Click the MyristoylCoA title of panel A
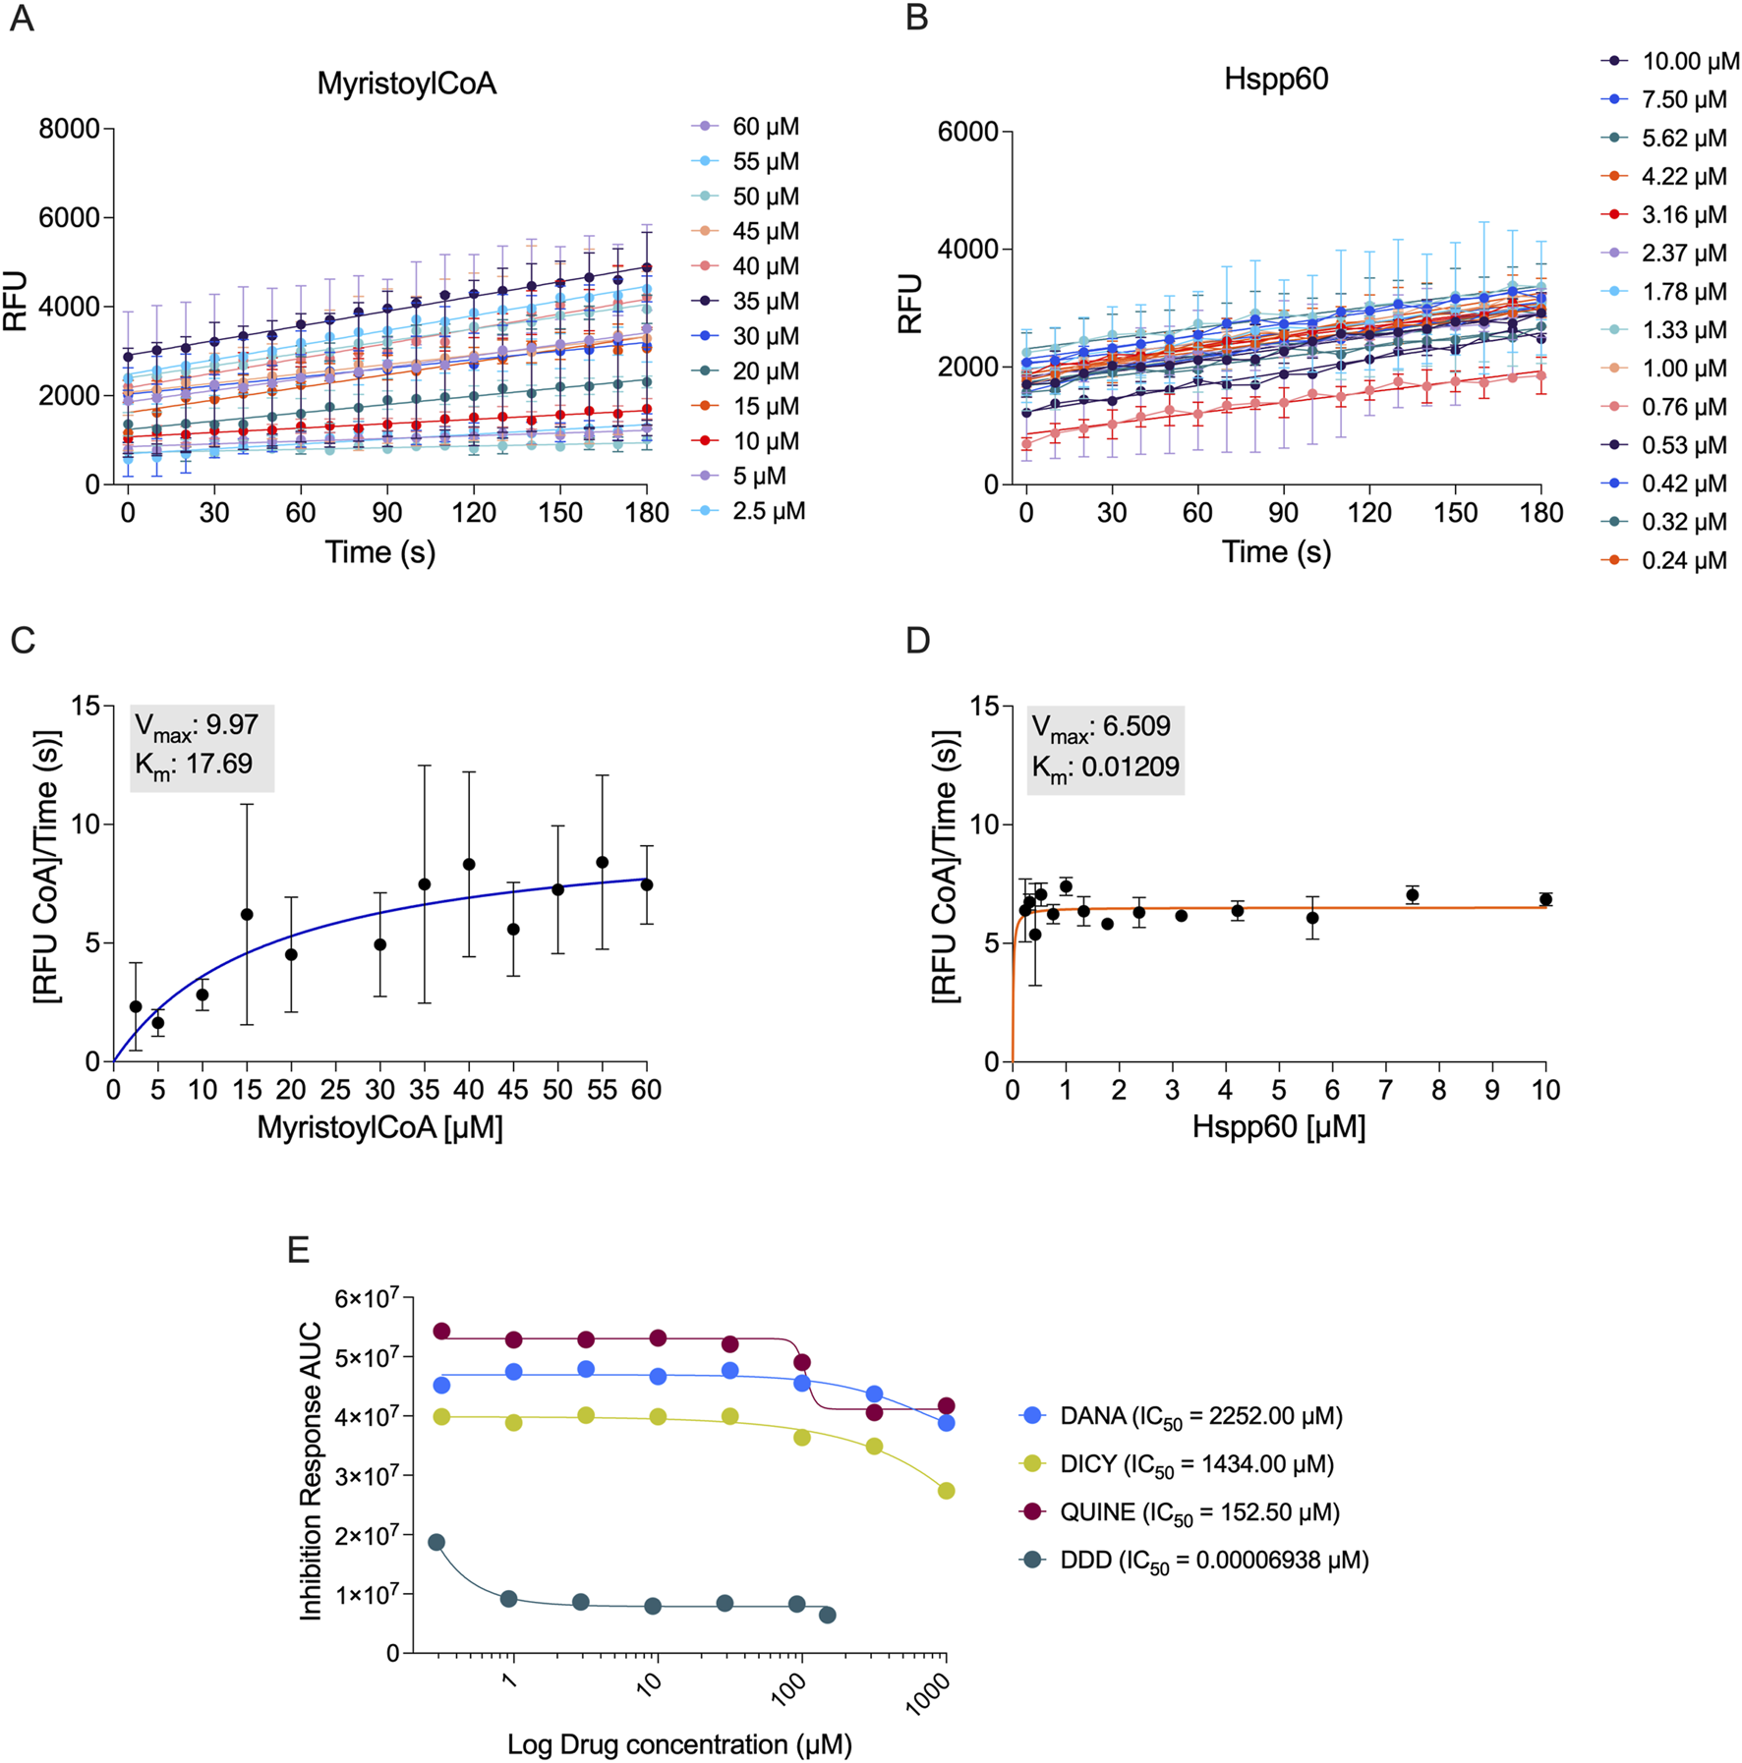coord(406,84)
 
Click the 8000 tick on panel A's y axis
coord(69,129)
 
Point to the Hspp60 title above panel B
coord(1276,79)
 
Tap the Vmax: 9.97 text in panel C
coord(197,725)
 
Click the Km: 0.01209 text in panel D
coord(1105,767)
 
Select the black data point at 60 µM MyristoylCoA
coord(647,884)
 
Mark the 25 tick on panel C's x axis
coord(335,1090)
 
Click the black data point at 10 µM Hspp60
coord(1545,899)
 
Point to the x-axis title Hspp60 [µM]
coord(1278,1127)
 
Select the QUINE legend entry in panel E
coord(1198,1511)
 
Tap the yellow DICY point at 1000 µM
coord(946,1491)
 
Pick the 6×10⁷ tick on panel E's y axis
coord(367,1298)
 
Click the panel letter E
coord(298,1249)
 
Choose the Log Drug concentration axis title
coord(679,1744)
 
